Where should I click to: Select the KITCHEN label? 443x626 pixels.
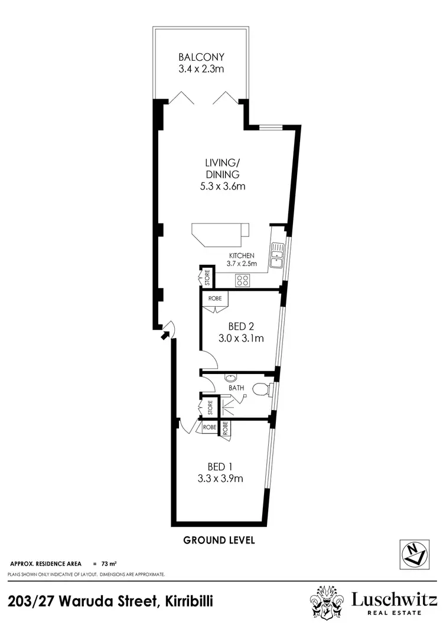point(242,255)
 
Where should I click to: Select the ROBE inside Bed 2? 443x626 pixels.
point(214,299)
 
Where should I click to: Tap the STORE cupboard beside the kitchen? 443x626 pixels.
point(207,278)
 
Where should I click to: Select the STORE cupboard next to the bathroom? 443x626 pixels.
point(209,407)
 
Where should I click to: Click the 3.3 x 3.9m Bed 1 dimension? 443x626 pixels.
point(220,478)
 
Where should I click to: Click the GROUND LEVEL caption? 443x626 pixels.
point(219,540)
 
